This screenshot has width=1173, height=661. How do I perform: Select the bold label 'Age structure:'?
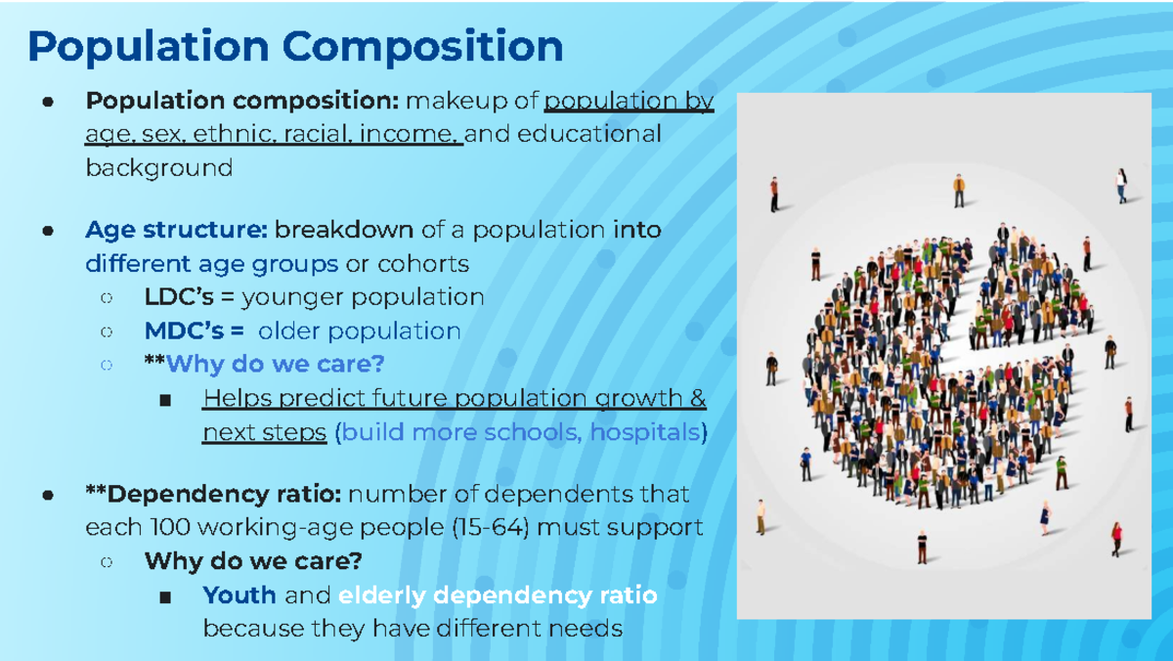176,231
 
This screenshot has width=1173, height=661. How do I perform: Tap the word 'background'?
158,167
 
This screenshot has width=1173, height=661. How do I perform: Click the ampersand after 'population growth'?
697,398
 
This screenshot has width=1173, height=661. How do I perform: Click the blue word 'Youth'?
239,595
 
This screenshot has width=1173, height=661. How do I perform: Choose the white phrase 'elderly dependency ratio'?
498,595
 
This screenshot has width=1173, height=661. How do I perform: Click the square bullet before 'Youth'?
164,595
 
